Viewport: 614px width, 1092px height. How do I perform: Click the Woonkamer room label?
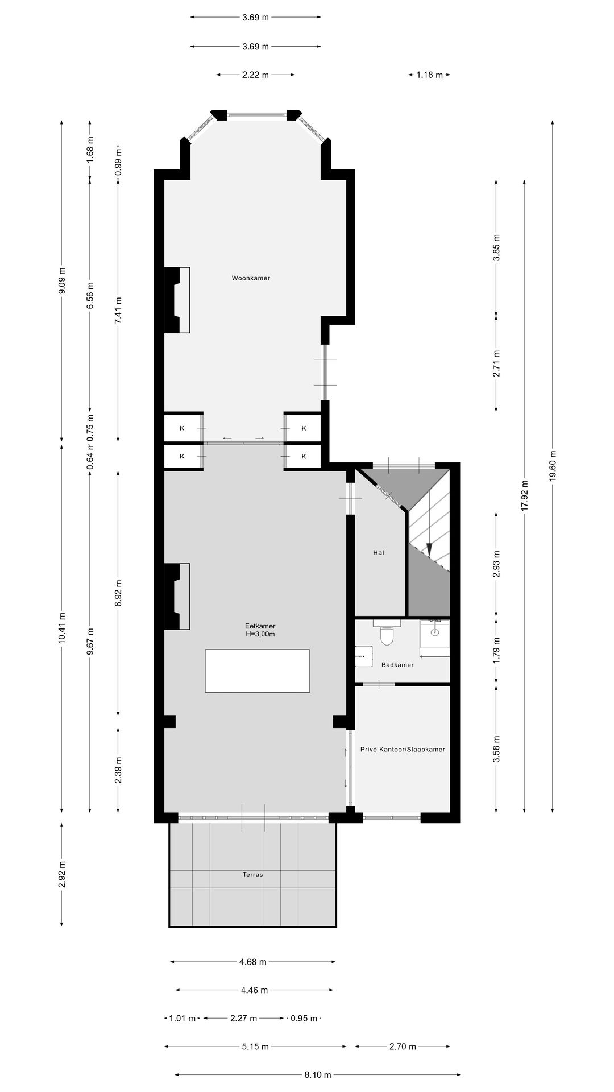tap(251, 278)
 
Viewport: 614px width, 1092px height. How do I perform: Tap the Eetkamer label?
tap(260, 626)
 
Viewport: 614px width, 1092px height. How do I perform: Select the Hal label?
tap(379, 552)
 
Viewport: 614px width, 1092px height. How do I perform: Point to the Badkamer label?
tap(397, 664)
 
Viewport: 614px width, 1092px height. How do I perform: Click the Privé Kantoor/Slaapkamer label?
tap(403, 749)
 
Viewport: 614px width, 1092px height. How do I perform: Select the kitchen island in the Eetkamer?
tap(258, 671)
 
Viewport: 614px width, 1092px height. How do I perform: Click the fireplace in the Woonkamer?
tap(177, 300)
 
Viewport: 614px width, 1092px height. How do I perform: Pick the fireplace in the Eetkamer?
tap(177, 596)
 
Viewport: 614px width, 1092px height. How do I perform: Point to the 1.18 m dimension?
tap(430, 75)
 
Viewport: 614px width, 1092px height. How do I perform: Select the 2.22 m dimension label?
tap(255, 75)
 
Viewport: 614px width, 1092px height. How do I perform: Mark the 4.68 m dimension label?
tap(252, 962)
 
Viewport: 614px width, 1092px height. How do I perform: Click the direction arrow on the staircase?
tap(430, 549)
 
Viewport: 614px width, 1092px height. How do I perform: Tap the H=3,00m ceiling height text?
tap(260, 634)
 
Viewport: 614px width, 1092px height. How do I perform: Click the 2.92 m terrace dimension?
tap(61, 874)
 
